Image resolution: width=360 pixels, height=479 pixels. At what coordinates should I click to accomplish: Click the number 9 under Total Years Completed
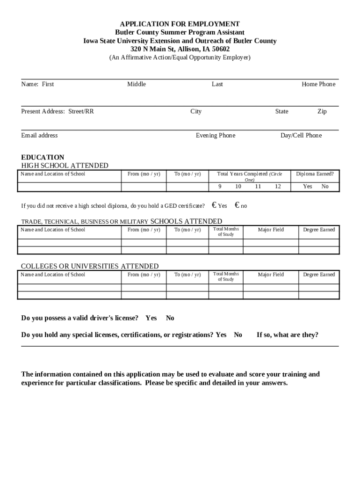pyautogui.click(x=220, y=186)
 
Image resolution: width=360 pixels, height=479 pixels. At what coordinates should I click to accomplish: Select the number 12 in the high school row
pyautogui.click(x=278, y=186)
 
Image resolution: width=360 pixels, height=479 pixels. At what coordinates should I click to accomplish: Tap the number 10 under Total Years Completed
pyautogui.click(x=238, y=186)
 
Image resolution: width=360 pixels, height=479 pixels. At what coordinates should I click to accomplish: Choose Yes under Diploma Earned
pyautogui.click(x=307, y=186)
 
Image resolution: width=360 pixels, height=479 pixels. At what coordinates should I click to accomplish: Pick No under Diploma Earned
pyautogui.click(x=325, y=186)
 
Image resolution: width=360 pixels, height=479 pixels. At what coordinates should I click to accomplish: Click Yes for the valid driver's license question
pyautogui.click(x=151, y=318)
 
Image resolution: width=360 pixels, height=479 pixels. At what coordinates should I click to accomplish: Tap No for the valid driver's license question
pyautogui.click(x=170, y=318)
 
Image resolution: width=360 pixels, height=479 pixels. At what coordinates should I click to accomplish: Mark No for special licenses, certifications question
pyautogui.click(x=238, y=335)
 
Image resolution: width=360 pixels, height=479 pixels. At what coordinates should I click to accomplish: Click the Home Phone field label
pyautogui.click(x=318, y=84)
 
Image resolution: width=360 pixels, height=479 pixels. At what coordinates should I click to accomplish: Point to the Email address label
pyautogui.click(x=40, y=136)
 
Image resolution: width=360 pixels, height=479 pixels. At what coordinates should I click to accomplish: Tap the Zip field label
pyautogui.click(x=322, y=111)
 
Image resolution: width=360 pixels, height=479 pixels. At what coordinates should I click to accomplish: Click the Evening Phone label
pyautogui.click(x=216, y=136)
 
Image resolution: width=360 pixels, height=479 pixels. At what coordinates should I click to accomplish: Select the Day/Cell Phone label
pyautogui.click(x=301, y=136)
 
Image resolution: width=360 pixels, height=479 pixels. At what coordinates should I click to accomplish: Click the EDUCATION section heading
pyautogui.click(x=43, y=157)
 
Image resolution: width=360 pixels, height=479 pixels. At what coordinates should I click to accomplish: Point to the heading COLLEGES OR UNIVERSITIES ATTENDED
pyautogui.click(x=90, y=266)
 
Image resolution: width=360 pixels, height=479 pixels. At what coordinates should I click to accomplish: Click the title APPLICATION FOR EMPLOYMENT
pyautogui.click(x=180, y=24)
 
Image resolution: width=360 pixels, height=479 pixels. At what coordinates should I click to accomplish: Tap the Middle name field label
pyautogui.click(x=137, y=84)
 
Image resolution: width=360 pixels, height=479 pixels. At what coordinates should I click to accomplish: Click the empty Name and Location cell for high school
pyautogui.click(x=69, y=187)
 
